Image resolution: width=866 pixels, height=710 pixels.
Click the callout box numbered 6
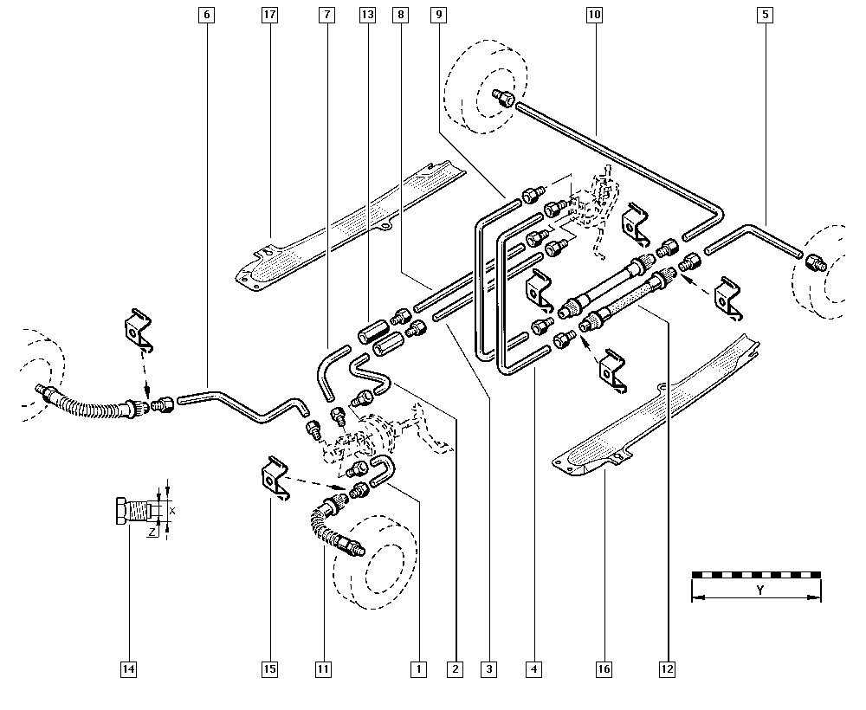coord(207,15)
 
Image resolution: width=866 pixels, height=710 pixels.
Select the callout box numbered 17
coord(269,15)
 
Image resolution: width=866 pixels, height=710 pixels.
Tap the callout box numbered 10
coord(594,15)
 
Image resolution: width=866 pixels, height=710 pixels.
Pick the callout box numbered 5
coord(765,15)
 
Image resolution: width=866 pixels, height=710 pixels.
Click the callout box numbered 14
coord(128,669)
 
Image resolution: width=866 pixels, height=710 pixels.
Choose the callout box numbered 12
coord(667,669)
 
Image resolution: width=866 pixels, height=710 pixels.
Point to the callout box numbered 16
coord(604,669)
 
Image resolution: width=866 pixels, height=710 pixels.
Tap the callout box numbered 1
coord(418,669)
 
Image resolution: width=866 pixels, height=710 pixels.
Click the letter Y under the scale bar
coord(760,591)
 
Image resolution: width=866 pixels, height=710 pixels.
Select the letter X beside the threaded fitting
coord(172,511)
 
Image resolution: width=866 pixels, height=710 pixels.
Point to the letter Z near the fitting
coord(152,532)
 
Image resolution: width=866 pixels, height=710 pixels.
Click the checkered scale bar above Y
coord(757,575)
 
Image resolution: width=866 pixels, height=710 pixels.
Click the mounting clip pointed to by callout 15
coord(274,477)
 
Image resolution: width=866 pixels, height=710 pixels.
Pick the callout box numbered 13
coord(367,15)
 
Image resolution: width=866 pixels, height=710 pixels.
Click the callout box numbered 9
coord(439,15)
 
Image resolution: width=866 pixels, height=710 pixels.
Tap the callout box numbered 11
coord(323,669)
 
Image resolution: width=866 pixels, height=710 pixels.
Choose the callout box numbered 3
coord(488,669)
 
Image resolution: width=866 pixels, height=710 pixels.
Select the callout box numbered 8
coord(400,15)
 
